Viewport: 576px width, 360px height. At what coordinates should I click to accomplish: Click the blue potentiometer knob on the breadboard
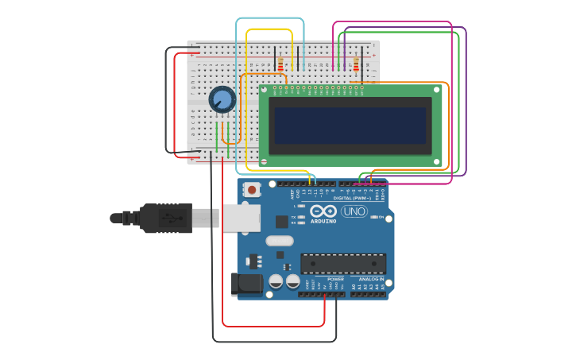(x=222, y=100)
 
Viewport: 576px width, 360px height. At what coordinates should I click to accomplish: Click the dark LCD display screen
(x=350, y=126)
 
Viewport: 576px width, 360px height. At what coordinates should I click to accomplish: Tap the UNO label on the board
(x=354, y=211)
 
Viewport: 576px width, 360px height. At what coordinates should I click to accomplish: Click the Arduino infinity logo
(x=323, y=211)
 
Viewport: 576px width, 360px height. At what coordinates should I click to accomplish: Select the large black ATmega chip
(x=343, y=263)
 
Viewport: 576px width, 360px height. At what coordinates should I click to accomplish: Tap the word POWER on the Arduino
(x=335, y=279)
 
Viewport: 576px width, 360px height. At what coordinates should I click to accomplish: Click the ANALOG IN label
(x=371, y=279)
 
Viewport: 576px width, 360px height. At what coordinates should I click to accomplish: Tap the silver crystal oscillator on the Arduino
(x=280, y=241)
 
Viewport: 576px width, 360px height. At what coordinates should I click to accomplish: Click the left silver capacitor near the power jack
(x=276, y=281)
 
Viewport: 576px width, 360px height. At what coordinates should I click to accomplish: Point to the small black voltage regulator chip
(x=254, y=261)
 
